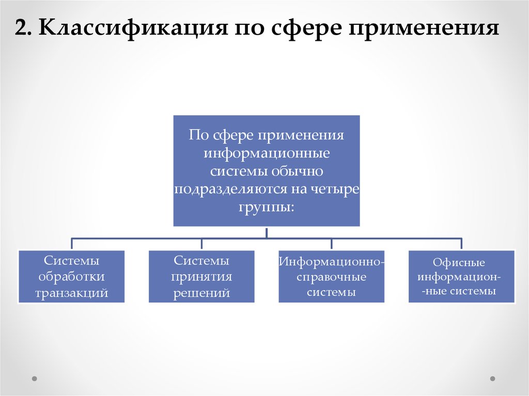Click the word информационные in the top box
pos(267,153)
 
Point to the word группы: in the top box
pos(267,207)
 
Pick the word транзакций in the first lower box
pos(71,293)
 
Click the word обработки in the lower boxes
pos(71,277)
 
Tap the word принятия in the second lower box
pos(201,277)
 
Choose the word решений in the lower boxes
pos(201,293)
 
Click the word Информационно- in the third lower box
pos(331,261)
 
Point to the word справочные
pos(331,277)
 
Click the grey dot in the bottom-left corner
pos(35,378)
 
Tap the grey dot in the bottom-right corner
pos(492,378)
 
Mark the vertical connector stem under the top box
pos(267,232)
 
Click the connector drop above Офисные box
pos(461,244)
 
